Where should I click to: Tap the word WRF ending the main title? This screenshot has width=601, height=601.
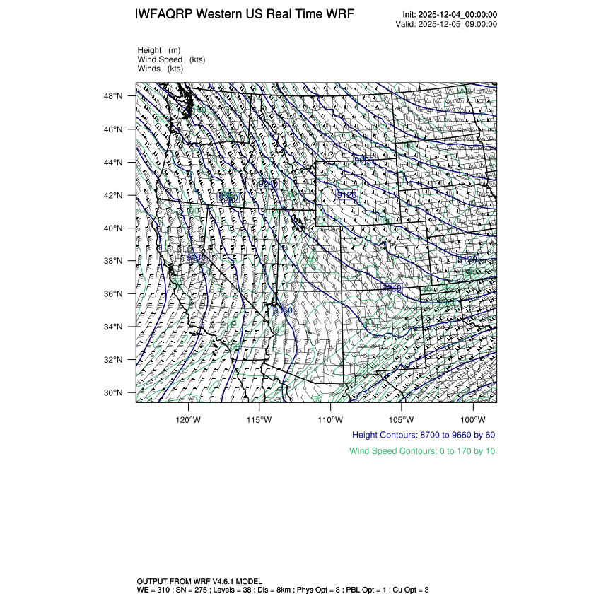pos(340,15)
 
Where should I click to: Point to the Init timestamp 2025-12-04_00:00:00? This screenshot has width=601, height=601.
pos(458,15)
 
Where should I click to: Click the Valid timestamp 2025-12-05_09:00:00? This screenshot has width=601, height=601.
pos(458,24)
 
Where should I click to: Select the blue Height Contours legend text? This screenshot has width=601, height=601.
pos(424,435)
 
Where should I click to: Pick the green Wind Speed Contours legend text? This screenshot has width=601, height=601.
pos(422,451)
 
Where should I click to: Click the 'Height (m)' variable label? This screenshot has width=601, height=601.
pos(159,50)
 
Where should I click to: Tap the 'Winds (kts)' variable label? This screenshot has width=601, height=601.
pos(161,69)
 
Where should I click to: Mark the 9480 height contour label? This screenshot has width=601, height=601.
pos(195,258)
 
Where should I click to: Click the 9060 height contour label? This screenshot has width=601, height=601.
pos(363,161)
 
